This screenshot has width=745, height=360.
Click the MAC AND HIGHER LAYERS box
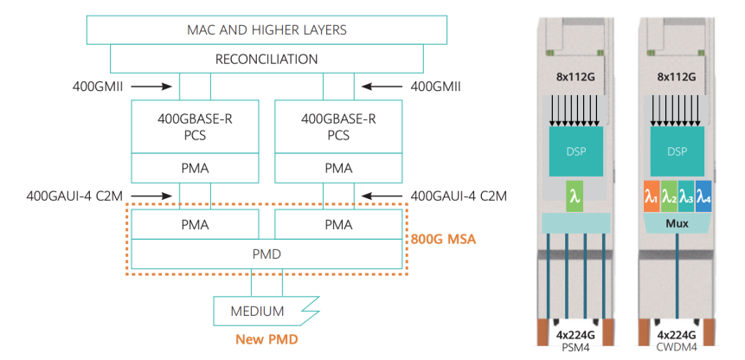tap(267, 29)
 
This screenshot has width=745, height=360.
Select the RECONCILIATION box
tap(267, 60)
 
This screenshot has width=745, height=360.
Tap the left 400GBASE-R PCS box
tap(194, 127)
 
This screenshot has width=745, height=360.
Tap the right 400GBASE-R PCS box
tap(337, 127)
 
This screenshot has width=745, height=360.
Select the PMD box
tap(266, 254)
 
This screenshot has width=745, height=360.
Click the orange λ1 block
tap(650, 198)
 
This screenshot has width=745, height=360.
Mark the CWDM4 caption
tap(678, 348)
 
